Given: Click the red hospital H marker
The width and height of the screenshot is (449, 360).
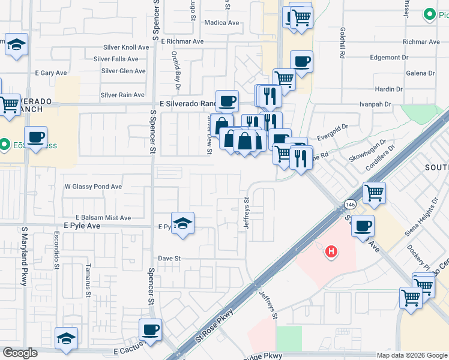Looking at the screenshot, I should (x=331, y=252).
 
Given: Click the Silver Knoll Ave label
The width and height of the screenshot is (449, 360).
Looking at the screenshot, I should (x=125, y=47).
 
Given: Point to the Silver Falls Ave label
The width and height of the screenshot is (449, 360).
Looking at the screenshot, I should (x=116, y=59).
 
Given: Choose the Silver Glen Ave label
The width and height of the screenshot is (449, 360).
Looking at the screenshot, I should (x=124, y=71).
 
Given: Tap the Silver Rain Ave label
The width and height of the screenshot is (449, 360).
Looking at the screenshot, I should (x=122, y=95).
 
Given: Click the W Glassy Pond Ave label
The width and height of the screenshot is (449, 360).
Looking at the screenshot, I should (x=93, y=187).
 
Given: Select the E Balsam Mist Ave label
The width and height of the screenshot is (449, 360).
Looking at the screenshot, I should (x=103, y=218).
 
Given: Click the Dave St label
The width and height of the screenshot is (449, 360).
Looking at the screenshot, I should (x=169, y=258).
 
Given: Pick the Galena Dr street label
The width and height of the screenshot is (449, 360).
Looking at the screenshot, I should (x=420, y=73).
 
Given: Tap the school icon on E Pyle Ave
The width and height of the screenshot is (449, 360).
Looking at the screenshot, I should (x=183, y=223).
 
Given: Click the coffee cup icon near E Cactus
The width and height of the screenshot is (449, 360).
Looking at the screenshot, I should (x=150, y=329).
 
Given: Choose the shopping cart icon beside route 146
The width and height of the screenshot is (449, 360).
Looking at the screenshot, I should (x=374, y=193).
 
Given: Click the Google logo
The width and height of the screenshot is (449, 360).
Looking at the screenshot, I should (x=20, y=353).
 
